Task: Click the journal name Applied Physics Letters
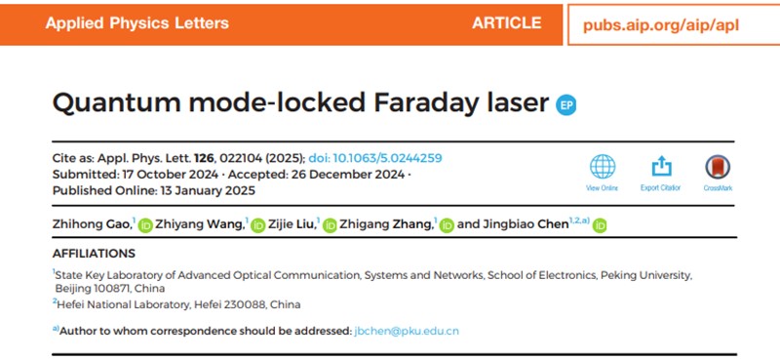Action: (136, 22)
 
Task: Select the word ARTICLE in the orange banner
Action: (506, 22)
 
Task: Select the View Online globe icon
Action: (604, 167)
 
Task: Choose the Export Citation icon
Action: (661, 167)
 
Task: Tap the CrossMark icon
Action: (718, 168)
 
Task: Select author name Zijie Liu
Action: (291, 224)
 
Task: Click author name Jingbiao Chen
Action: (525, 224)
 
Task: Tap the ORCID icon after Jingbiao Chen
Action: (601, 225)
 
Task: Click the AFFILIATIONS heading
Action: (95, 253)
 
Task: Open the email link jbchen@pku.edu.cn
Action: (407, 332)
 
